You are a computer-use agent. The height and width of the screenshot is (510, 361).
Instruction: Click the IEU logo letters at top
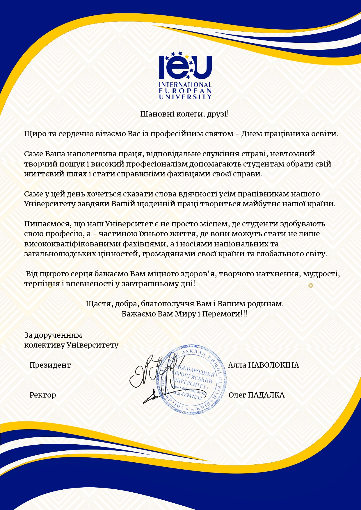185,67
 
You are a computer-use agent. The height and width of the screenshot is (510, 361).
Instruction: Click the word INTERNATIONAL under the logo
185,85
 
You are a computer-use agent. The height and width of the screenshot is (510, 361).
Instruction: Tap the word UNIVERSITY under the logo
185,97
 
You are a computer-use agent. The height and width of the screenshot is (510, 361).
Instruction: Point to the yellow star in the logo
187,56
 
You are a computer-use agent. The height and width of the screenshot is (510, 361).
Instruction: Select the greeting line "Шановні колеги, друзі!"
185,114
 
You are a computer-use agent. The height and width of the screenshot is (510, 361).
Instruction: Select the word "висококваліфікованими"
72,244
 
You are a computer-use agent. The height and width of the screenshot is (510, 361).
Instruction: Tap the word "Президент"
50,365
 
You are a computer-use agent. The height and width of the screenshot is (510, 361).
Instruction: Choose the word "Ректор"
42,395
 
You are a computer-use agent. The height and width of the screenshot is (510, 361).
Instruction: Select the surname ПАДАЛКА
266,395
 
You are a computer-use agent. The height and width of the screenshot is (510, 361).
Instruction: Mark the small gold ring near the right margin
311,285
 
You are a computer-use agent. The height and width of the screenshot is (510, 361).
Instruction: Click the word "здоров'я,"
199,274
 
